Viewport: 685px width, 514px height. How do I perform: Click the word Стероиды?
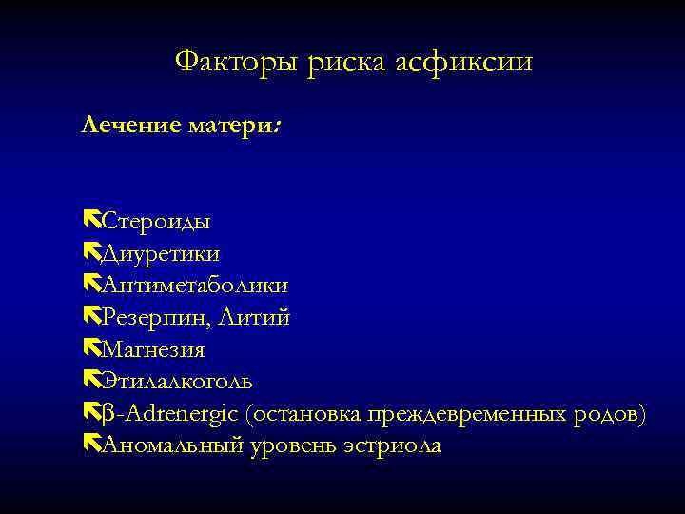click(156, 222)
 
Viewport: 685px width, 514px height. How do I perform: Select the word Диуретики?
click(160, 254)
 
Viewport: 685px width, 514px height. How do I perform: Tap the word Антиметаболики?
click(195, 286)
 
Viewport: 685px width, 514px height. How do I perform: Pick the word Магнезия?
click(152, 350)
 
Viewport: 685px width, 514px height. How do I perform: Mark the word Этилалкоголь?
click(177, 382)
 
